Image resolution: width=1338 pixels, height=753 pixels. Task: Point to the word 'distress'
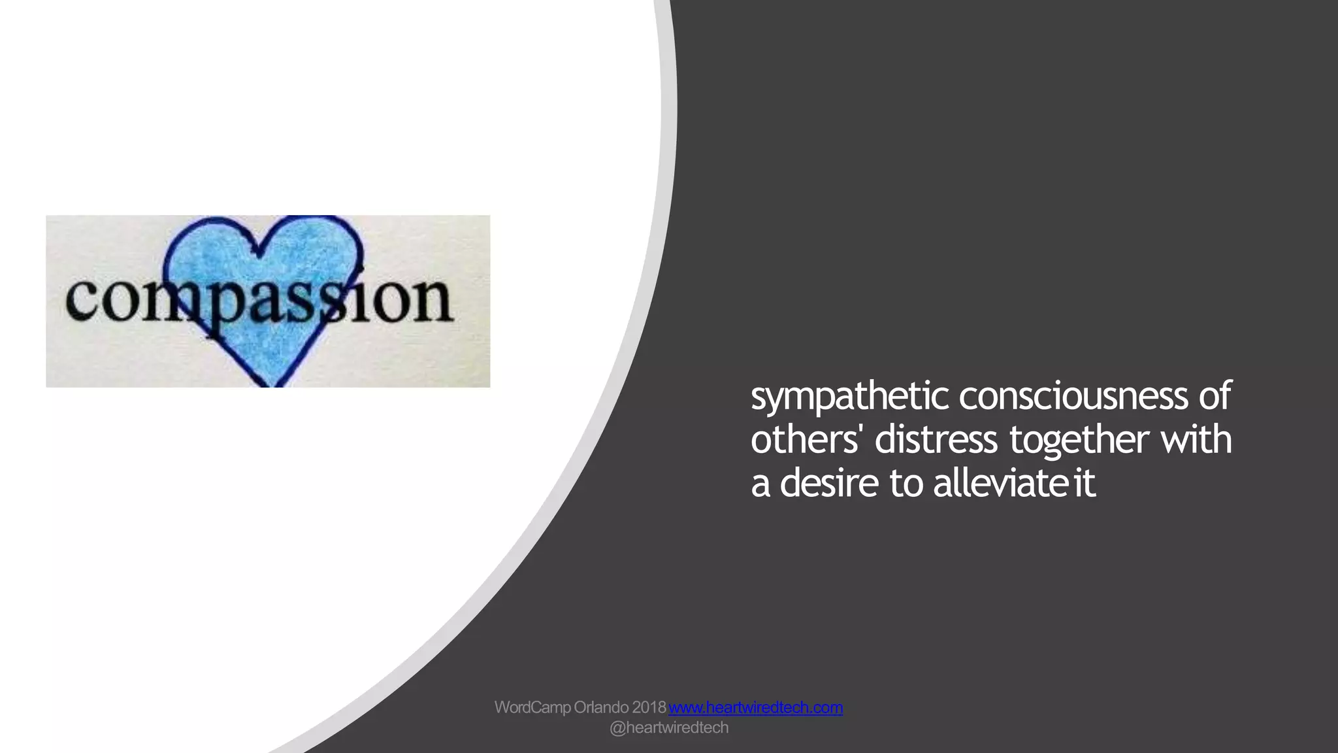point(936,439)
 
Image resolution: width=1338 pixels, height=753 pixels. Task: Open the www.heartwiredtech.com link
point(755,707)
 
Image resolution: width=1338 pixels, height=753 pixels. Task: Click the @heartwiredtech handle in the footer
point(668,728)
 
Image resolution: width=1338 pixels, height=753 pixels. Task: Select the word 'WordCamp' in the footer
point(532,707)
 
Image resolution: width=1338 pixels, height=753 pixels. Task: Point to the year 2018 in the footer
point(649,707)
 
